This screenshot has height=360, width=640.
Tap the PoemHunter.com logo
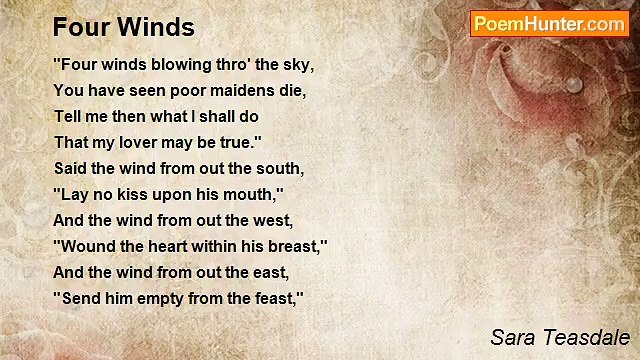pyautogui.click(x=549, y=24)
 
